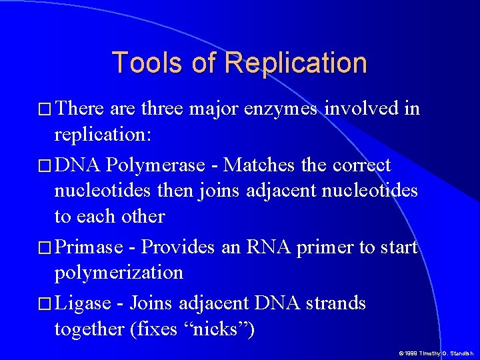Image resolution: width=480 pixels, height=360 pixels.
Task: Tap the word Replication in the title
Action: point(295,63)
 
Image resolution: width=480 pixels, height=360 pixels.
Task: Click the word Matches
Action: point(253,165)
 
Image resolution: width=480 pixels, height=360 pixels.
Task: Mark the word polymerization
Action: point(119,273)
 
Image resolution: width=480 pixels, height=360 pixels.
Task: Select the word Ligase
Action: point(83,303)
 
